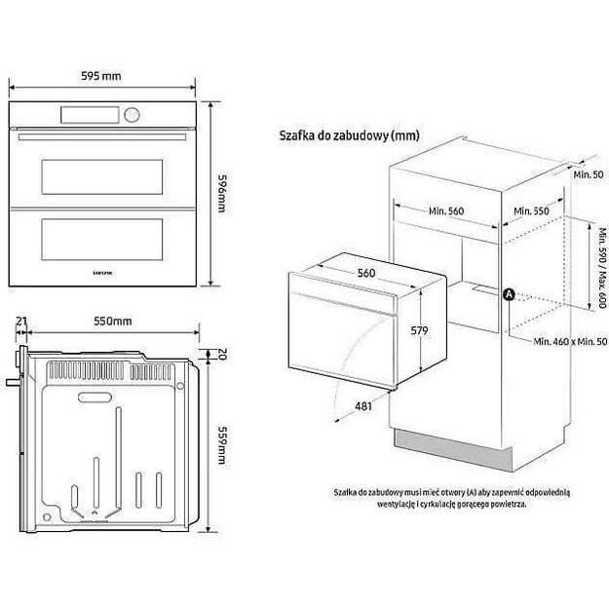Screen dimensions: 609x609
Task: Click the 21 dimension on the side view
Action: click(x=21, y=321)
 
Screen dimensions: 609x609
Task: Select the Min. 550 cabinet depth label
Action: click(x=532, y=211)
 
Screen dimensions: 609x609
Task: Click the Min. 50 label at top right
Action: click(x=586, y=173)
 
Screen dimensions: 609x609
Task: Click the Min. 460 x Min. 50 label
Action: click(x=570, y=342)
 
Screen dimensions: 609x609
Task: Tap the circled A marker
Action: click(x=507, y=294)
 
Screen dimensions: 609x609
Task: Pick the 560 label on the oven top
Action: click(x=366, y=273)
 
